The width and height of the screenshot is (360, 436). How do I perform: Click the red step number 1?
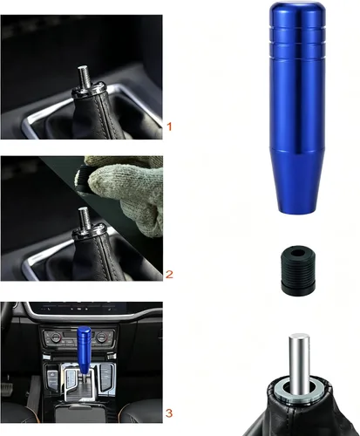(169, 126)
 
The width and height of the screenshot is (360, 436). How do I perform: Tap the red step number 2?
(169, 275)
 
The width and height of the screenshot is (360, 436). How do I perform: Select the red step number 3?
(169, 413)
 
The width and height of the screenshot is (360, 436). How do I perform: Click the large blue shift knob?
(297, 107)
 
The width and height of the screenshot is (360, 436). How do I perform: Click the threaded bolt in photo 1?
(84, 77)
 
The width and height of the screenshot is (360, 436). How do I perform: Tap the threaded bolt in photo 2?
(85, 219)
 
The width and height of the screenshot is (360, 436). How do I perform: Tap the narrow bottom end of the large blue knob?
(297, 208)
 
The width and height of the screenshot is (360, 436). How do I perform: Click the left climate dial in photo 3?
(55, 337)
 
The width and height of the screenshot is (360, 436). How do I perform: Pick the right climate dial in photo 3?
(101, 337)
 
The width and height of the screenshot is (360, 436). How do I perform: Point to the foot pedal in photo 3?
(7, 387)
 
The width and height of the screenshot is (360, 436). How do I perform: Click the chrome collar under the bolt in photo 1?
(88, 90)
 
